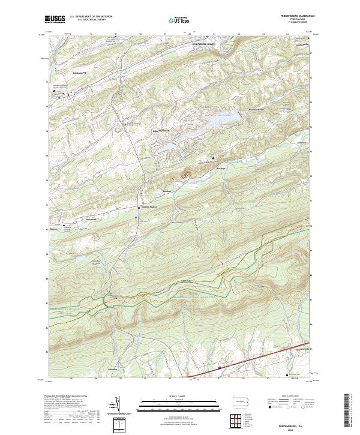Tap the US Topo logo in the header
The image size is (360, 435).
[180, 20]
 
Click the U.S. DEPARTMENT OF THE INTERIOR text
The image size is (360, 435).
[91, 17]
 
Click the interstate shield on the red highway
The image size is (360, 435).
[220, 368]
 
